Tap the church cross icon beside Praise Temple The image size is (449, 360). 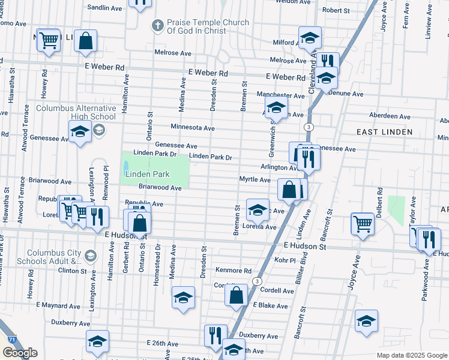[x=157, y=25]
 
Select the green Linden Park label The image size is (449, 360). [x=148, y=174]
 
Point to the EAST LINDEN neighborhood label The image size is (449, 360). [x=384, y=132]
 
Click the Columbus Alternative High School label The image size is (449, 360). [x=76, y=113]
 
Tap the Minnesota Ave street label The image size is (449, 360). [x=192, y=128]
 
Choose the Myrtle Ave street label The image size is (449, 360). [x=255, y=179]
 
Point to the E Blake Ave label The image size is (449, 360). [x=271, y=305]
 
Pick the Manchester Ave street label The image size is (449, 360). [x=280, y=95]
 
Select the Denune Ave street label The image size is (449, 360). [x=348, y=94]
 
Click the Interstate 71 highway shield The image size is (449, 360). [x=12, y=340]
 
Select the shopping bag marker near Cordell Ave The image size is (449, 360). [x=237, y=295]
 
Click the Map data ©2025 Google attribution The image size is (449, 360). [x=411, y=355]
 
